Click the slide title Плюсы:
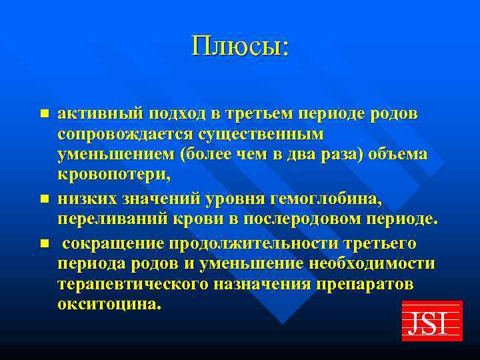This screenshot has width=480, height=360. [240, 46]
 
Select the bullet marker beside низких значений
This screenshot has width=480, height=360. [45, 199]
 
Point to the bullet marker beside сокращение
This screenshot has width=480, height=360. [45, 243]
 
